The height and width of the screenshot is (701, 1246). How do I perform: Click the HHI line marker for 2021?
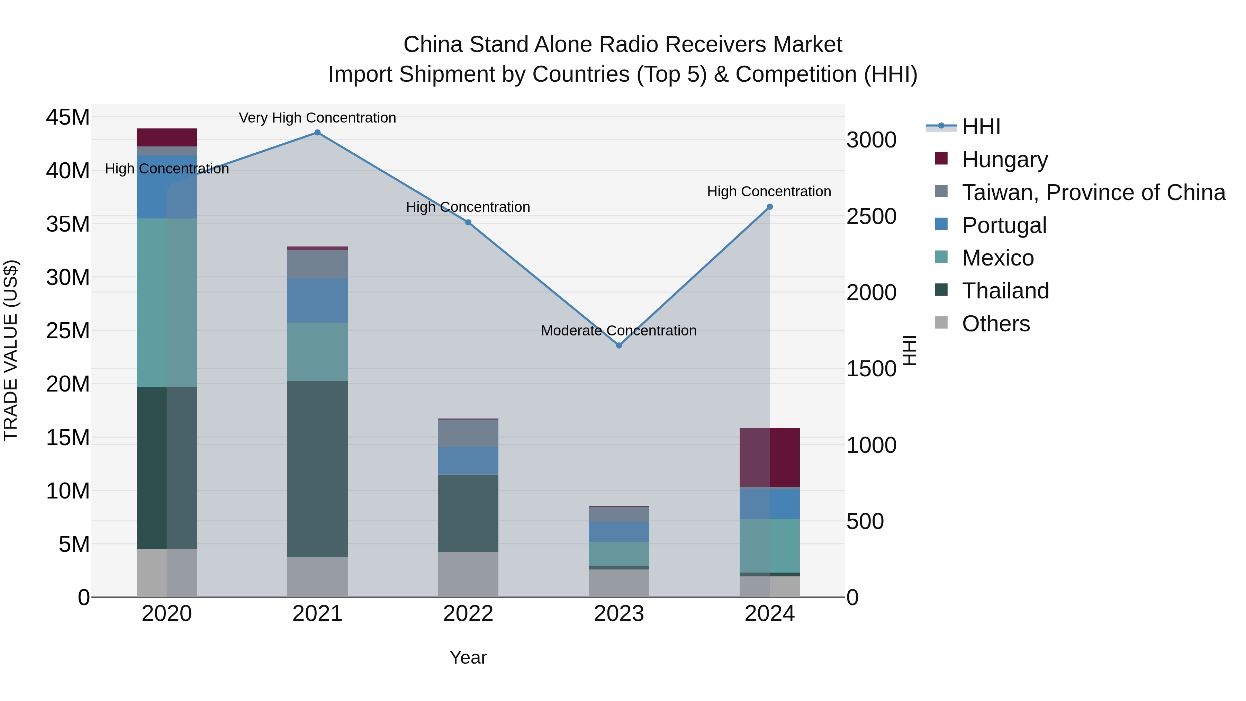(317, 133)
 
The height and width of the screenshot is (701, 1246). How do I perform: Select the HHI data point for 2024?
(769, 207)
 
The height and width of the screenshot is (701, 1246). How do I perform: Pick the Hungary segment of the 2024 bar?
(769, 457)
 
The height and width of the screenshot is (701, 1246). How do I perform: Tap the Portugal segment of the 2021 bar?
(317, 300)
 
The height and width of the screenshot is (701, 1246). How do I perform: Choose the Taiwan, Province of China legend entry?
(1093, 192)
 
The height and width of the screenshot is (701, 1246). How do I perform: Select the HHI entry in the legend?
(981, 127)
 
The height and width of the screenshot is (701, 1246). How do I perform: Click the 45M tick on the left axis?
(68, 118)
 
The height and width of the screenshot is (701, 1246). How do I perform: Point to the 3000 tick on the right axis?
(871, 140)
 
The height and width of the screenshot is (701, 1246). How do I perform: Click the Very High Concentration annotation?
(317, 118)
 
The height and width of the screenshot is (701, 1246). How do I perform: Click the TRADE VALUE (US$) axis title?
(11, 350)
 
